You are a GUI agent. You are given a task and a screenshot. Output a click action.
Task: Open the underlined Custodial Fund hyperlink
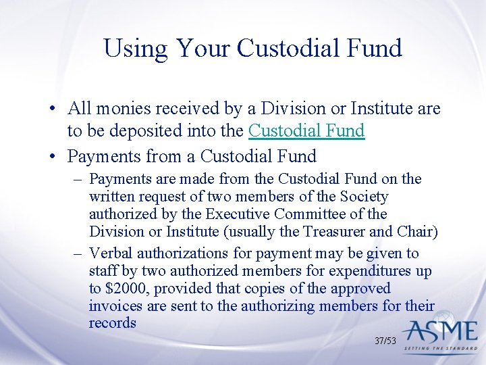click(x=306, y=130)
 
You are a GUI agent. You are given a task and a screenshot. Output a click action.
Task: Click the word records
click(x=112, y=324)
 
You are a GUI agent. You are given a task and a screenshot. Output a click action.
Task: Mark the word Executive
click(x=240, y=214)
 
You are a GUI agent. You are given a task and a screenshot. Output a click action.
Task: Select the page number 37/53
click(x=385, y=341)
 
